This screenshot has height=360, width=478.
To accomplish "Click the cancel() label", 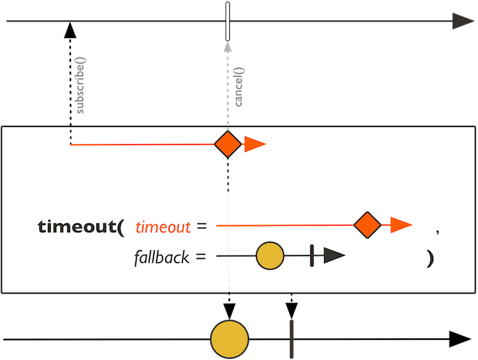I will tap(240, 90).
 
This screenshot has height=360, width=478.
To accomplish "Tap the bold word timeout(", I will tap(81, 226).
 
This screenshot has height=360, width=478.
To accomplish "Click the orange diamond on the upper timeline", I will tap(227, 144).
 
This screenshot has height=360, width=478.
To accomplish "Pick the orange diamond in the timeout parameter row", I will tap(367, 224).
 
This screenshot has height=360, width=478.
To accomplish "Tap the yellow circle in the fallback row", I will tap(270, 256).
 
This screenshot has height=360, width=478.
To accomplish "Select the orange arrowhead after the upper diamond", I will tap(255, 144).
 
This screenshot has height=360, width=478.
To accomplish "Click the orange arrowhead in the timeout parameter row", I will tap(401, 224).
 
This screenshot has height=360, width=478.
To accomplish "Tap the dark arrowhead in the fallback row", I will tap(333, 256).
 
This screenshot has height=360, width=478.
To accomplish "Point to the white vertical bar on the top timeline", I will tap(227, 18).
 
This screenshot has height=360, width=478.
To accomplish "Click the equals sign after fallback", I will tap(201, 258).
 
